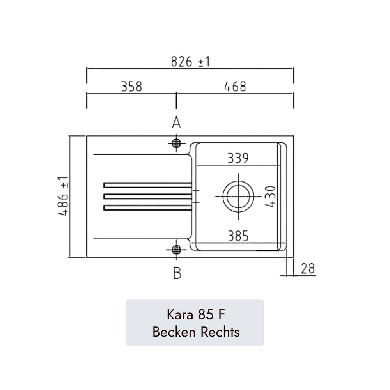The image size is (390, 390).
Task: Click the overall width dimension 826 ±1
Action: point(191,62)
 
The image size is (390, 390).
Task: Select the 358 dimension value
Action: point(131,87)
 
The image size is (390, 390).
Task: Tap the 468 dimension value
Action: point(235,87)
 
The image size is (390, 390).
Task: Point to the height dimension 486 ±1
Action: point(63,196)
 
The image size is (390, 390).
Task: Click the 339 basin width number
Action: point(238,158)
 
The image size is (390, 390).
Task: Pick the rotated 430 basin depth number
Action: point(270,197)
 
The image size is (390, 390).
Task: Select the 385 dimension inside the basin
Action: point(238,236)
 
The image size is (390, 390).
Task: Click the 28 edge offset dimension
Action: point(308,269)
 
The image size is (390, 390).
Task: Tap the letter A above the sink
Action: point(176,122)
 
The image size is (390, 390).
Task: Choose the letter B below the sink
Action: point(177,273)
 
